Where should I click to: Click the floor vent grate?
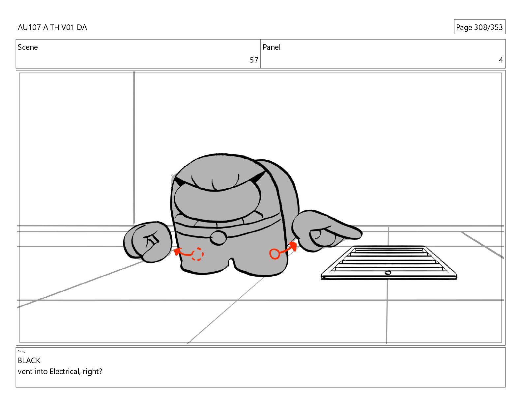click(x=389, y=262)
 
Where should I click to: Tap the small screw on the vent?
click(x=388, y=273)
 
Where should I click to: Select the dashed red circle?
click(x=197, y=254)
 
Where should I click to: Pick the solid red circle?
click(x=275, y=254)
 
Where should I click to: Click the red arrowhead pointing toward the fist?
click(x=177, y=252)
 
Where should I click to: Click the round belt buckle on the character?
click(x=218, y=238)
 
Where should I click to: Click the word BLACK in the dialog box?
click(x=29, y=361)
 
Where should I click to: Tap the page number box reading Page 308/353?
click(x=479, y=27)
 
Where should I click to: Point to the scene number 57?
click(x=254, y=60)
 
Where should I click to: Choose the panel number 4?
click(x=501, y=60)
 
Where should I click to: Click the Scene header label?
click(x=28, y=47)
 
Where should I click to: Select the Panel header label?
click(x=272, y=47)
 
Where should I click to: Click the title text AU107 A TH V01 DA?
click(x=52, y=27)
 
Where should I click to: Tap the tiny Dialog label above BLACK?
click(x=21, y=351)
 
